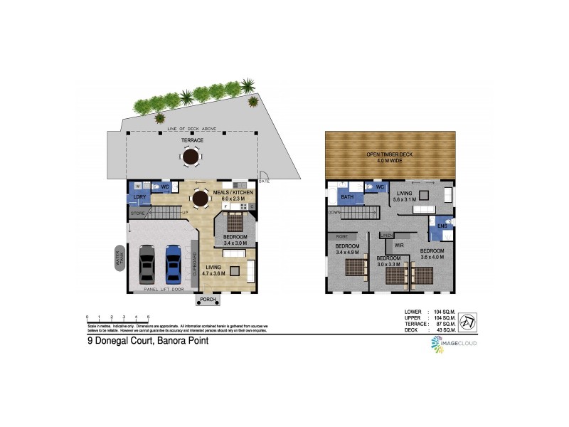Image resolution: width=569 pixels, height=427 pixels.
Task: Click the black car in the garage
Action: pos(147,263)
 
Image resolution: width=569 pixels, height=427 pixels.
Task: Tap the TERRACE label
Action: pos(191,140)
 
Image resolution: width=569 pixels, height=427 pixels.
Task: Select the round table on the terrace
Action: pos(191,157)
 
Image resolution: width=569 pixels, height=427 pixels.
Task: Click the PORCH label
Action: pos(208,300)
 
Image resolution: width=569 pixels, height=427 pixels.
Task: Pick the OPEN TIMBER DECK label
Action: pos(390,154)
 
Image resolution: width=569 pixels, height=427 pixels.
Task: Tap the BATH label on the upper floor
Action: pos(347,197)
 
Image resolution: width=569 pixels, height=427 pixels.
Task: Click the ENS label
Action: pos(442,226)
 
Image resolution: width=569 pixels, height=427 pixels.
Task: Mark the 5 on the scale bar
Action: pos(148,316)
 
